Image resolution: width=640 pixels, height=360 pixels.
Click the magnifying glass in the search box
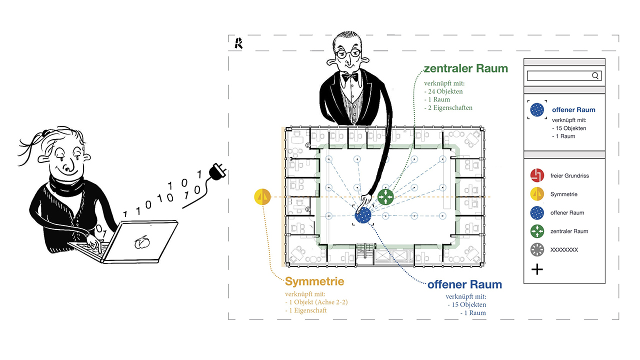click(595, 76)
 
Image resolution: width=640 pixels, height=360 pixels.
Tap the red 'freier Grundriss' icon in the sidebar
click(536, 176)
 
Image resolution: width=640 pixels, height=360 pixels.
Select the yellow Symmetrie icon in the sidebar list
click(536, 194)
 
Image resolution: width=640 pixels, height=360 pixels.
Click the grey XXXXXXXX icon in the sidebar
click(536, 249)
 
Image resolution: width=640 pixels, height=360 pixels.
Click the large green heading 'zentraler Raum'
click(465, 68)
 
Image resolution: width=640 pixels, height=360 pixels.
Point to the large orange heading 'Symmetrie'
click(314, 281)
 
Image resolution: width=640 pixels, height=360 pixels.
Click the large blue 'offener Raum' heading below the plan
click(464, 285)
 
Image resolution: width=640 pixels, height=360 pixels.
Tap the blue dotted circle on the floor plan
click(363, 216)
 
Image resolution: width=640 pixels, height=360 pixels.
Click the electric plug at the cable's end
click(218, 171)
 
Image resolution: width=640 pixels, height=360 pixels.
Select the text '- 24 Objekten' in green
click(443, 91)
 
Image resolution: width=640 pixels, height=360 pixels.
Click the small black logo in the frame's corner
click(238, 43)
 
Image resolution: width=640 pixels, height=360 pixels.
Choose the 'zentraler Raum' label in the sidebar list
click(569, 231)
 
